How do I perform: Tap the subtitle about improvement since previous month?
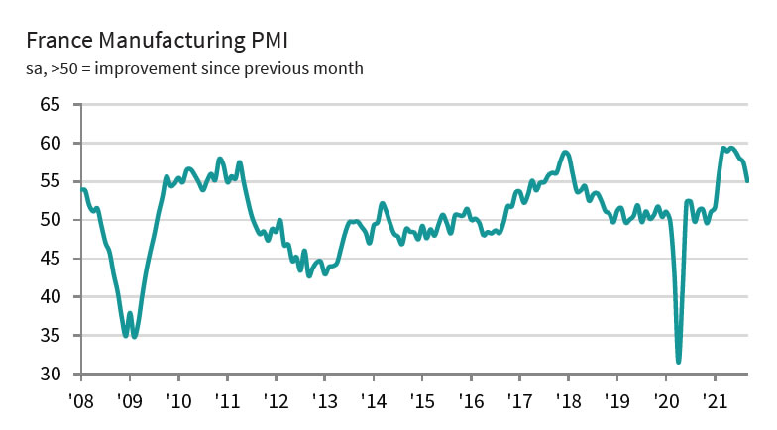(194, 68)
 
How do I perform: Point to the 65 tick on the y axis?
(51, 104)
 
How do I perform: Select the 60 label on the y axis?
(51, 143)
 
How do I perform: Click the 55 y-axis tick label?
(51, 181)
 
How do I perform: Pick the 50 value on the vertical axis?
(51, 220)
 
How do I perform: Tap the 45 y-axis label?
(51, 259)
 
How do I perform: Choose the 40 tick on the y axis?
(51, 297)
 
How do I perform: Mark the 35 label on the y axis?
(51, 336)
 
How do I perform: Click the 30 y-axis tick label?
(51, 375)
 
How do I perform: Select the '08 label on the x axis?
(81, 403)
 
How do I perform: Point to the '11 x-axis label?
(227, 403)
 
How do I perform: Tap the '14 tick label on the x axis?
(374, 403)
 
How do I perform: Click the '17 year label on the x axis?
(519, 403)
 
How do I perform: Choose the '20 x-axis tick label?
(666, 403)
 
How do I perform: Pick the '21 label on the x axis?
(715, 403)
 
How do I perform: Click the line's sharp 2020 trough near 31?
(679, 362)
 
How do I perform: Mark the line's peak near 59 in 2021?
(724, 148)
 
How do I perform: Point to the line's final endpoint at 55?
(748, 181)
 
